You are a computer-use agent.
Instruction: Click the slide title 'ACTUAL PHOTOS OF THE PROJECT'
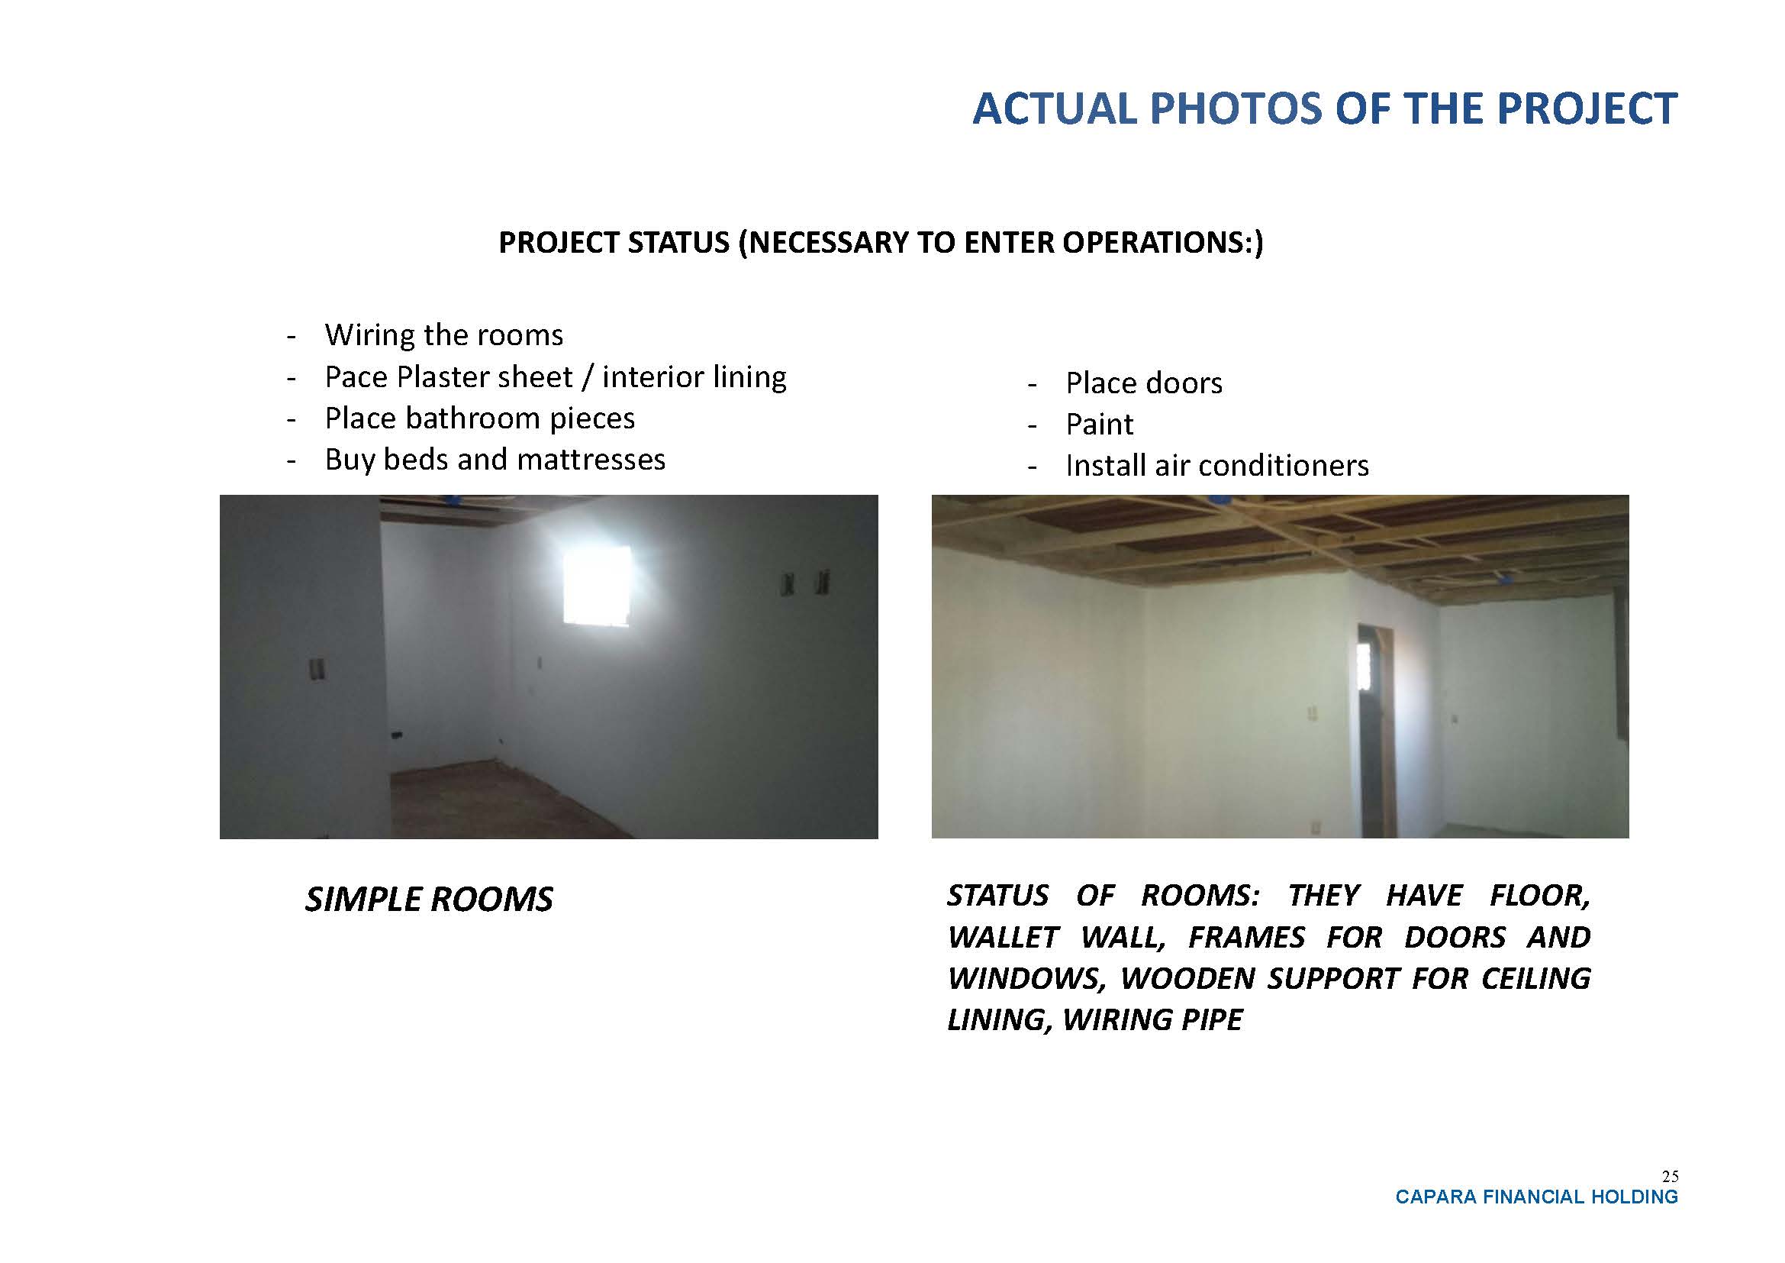(1325, 108)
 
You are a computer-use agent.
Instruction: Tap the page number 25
(1669, 1177)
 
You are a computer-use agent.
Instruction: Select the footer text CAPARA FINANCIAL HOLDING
(1537, 1197)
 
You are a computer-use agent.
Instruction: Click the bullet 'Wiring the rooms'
(444, 335)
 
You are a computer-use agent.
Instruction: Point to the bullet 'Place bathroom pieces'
(480, 418)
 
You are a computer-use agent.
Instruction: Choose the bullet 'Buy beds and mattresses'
(495, 460)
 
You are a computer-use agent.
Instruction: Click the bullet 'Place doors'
(1144, 383)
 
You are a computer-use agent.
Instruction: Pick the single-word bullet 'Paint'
(1099, 425)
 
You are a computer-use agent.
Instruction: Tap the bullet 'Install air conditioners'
(1216, 466)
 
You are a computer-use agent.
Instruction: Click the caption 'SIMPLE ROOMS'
(429, 900)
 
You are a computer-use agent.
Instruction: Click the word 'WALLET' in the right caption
(1003, 937)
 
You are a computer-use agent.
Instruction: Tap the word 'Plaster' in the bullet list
(446, 377)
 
